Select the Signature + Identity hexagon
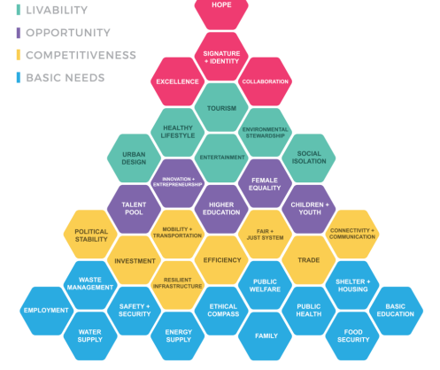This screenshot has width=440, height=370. click(221, 57)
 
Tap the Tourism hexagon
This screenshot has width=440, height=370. click(221, 107)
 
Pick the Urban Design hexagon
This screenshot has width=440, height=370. click(134, 158)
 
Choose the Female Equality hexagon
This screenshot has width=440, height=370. click(265, 183)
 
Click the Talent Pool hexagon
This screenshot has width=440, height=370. click(134, 209)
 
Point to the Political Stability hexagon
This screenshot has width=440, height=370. click(90, 235)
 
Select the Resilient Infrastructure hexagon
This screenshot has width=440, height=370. click(178, 285)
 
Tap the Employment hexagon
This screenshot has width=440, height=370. click(47, 311)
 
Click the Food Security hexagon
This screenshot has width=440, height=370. click(352, 336)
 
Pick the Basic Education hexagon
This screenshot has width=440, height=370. click(396, 311)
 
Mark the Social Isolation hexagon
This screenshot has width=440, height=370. click(309, 158)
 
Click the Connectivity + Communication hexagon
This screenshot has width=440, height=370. click(352, 235)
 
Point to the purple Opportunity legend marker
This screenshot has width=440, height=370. click(19, 33)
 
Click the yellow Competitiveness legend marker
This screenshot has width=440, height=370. click(19, 55)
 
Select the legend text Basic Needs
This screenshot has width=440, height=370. click(66, 78)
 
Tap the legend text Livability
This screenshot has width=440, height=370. click(57, 10)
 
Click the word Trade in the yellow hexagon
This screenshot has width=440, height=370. click(309, 260)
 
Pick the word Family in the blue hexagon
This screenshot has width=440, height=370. click(266, 335)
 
